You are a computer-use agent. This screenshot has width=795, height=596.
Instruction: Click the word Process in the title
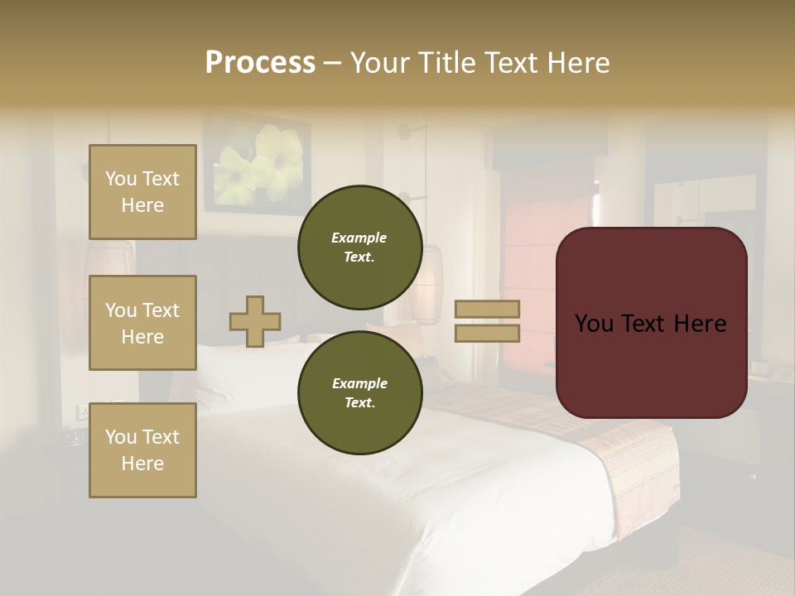click(260, 63)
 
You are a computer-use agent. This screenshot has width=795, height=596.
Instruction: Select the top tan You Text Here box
click(142, 192)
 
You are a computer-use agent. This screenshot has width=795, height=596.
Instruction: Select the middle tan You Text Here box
click(142, 323)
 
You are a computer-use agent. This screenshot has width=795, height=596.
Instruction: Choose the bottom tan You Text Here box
click(142, 449)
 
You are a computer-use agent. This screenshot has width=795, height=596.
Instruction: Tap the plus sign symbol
click(255, 321)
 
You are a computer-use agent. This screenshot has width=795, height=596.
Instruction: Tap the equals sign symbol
click(487, 321)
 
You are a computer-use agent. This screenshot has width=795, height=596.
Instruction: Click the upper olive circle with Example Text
click(359, 247)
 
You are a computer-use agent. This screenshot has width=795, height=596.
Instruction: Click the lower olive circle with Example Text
click(359, 392)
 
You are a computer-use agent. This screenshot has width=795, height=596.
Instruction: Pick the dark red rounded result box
click(651, 323)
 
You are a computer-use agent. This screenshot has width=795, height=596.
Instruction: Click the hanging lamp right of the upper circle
click(428, 286)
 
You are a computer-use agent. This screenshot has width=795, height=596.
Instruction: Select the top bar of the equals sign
click(487, 310)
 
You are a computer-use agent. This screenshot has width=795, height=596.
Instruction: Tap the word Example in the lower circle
click(359, 383)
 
